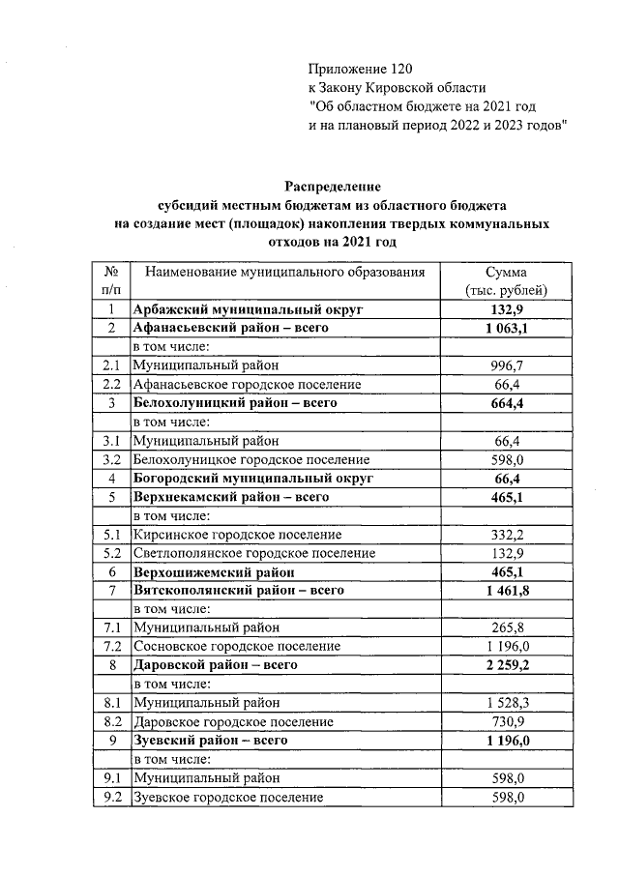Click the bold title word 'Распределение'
click(x=334, y=186)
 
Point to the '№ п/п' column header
click(x=110, y=281)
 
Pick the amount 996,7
click(x=508, y=365)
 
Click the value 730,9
click(x=508, y=721)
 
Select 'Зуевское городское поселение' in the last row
click(x=227, y=797)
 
